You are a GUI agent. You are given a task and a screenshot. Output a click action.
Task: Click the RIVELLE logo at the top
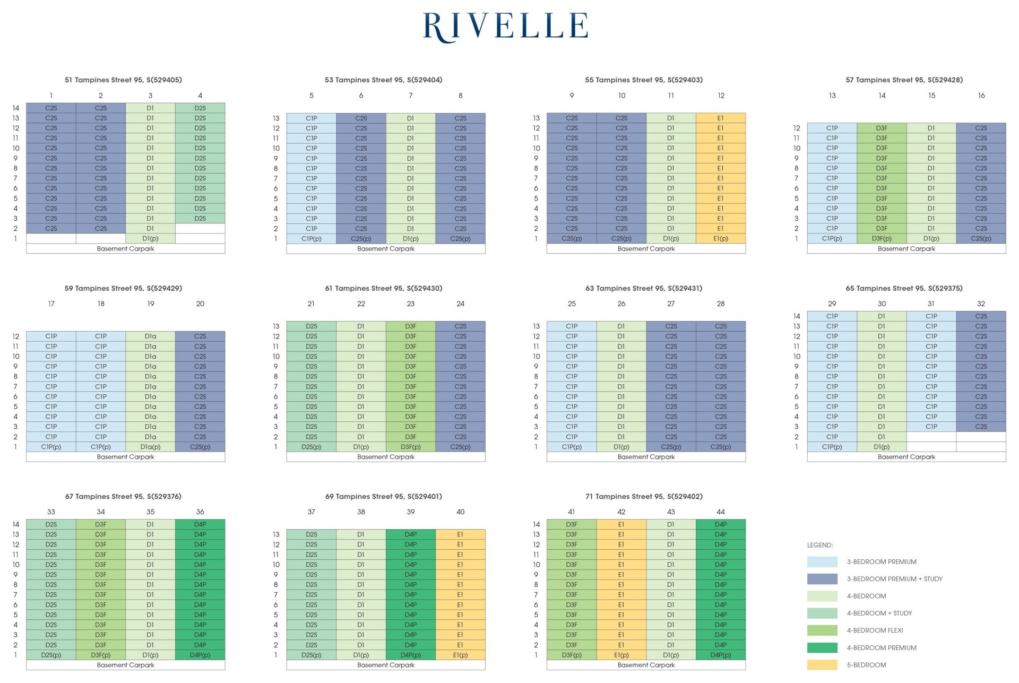(x=505, y=27)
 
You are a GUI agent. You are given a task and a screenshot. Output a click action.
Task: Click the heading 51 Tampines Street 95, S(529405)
(x=123, y=80)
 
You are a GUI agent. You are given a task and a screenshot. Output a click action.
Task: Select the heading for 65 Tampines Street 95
(x=904, y=288)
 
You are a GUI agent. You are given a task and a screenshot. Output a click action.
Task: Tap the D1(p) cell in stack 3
(x=150, y=239)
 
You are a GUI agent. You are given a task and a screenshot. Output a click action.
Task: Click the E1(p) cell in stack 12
(x=720, y=239)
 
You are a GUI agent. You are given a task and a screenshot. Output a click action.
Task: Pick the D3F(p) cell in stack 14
(x=882, y=239)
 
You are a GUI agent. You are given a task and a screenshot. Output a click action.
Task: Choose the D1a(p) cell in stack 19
(x=150, y=447)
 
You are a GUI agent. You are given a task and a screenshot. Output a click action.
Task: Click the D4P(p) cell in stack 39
(x=410, y=655)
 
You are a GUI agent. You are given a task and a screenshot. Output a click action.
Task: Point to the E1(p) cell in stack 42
(x=621, y=655)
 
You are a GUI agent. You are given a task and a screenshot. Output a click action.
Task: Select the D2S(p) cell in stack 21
(x=311, y=447)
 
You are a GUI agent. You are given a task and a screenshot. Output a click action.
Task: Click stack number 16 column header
(x=981, y=96)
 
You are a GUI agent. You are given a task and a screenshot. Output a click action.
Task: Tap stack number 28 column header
(x=720, y=304)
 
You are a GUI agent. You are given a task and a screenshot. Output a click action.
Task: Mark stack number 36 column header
(x=200, y=512)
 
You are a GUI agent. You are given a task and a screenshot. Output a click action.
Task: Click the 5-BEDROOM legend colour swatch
(x=822, y=665)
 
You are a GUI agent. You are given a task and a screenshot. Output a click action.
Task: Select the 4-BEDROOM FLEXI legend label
(x=875, y=630)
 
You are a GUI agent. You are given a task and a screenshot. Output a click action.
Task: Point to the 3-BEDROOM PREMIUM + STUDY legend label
(x=894, y=579)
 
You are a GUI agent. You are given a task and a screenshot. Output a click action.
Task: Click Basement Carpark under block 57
(x=906, y=249)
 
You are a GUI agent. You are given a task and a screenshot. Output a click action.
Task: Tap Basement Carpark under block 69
(x=385, y=665)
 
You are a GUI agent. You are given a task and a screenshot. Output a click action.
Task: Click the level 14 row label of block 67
(x=16, y=524)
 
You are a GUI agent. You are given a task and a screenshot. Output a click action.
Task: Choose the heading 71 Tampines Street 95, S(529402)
(x=644, y=497)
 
